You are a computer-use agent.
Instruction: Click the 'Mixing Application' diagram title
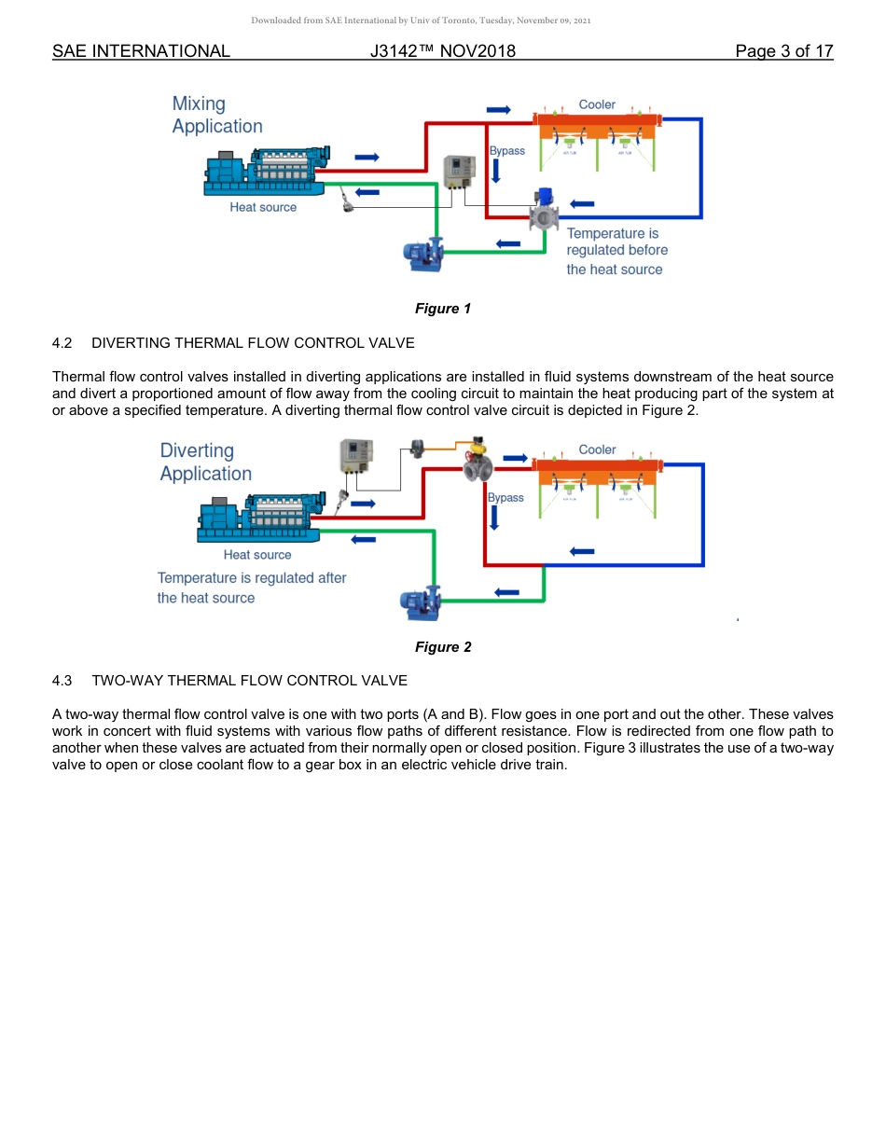tap(216, 115)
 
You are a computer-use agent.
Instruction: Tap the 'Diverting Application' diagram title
tap(205, 462)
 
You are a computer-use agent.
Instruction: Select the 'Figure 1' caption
tap(443, 309)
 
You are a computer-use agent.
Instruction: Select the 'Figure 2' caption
tap(443, 647)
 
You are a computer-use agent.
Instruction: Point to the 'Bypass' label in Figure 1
tap(507, 151)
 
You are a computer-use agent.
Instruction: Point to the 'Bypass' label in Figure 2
tap(505, 498)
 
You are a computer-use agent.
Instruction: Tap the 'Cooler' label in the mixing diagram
tap(597, 104)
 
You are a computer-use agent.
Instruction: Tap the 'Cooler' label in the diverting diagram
tap(597, 449)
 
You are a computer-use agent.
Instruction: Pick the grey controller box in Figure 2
tap(356, 460)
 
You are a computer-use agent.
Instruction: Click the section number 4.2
tap(62, 343)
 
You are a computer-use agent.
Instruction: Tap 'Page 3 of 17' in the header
tap(783, 51)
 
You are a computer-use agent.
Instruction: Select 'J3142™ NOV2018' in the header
tap(442, 51)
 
